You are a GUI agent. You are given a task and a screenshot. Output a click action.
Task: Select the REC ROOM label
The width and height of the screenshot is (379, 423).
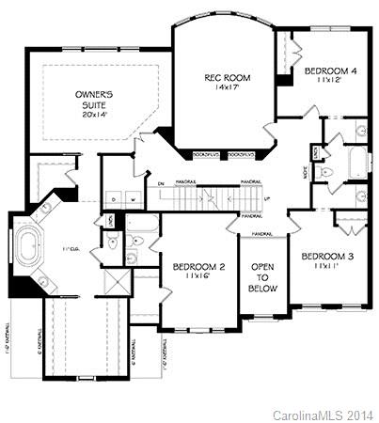(225, 77)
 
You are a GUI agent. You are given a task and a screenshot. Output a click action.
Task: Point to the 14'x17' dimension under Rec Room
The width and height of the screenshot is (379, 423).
(225, 89)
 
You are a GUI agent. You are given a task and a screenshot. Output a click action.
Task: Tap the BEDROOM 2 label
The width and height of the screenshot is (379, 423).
(198, 268)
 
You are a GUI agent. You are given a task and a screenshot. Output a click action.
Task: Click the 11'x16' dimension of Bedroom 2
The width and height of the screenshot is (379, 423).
(198, 279)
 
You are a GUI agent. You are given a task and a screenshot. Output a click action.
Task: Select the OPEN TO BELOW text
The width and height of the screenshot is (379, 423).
(262, 278)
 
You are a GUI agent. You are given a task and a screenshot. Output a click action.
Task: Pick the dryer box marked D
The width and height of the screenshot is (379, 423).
(114, 199)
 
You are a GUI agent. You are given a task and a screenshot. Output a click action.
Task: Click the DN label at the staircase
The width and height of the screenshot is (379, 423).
(161, 182)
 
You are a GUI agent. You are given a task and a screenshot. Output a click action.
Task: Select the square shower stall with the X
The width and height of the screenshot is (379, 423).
(116, 281)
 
